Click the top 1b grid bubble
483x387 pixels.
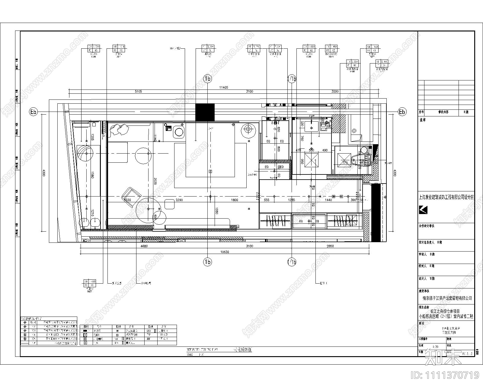pyautogui.click(x=207, y=79)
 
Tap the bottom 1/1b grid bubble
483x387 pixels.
pyautogui.click(x=292, y=262)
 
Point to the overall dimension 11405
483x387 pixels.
pyautogui.click(x=223, y=87)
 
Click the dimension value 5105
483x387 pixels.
pyautogui.click(x=138, y=91)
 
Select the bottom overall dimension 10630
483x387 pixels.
pyautogui.click(x=224, y=252)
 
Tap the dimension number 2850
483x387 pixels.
pyautogui.click(x=330, y=246)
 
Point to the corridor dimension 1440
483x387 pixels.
pyautogui.click(x=328, y=200)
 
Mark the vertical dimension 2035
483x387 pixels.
pyautogui.click(x=155, y=181)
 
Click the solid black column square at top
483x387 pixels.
pyautogui.click(x=205, y=112)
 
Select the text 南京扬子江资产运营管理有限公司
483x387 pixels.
pyautogui.click(x=447, y=298)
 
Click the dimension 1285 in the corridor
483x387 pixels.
pyautogui.click(x=291, y=200)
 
